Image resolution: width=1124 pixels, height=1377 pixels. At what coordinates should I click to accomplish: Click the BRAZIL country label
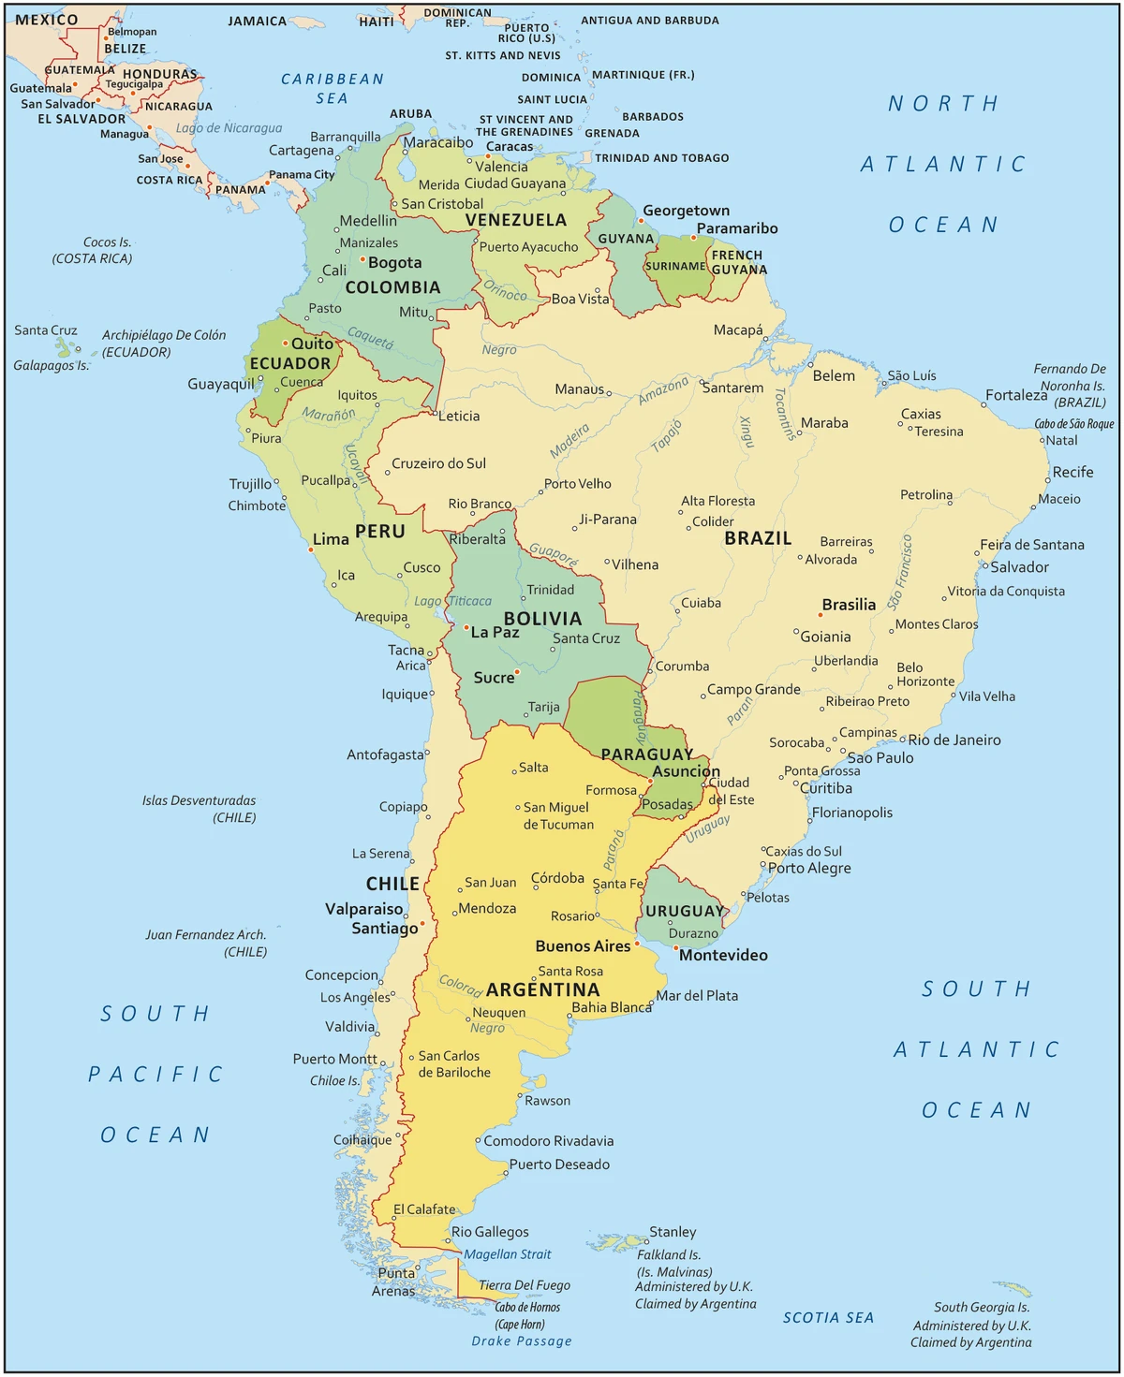click(758, 538)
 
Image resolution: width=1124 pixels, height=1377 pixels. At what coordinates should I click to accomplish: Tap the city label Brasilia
click(849, 605)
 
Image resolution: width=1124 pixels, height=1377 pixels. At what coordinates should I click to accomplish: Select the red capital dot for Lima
click(311, 549)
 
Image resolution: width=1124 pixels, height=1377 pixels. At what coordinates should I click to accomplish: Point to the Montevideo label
click(723, 955)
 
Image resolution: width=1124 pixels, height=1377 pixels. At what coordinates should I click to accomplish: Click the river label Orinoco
click(506, 292)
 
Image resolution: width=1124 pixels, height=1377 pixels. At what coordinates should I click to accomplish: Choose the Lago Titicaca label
click(452, 601)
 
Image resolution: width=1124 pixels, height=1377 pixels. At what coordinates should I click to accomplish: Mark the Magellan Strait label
click(508, 1254)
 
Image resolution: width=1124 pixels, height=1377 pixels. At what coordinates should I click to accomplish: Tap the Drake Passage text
click(522, 1340)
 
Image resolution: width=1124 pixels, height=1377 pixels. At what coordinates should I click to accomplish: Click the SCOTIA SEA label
click(828, 1317)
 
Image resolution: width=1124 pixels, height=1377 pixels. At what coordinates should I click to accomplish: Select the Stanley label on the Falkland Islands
click(673, 1232)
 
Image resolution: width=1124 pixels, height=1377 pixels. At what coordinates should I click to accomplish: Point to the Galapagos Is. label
click(51, 365)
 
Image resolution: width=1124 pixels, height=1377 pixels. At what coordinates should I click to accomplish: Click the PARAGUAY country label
click(647, 754)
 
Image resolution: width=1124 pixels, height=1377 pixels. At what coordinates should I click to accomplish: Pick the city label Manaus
click(579, 389)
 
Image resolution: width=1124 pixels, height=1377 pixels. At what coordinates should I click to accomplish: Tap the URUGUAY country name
click(685, 911)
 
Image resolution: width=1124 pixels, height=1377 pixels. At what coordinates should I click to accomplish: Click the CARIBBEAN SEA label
click(333, 88)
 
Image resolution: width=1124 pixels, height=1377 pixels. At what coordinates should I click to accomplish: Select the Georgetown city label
click(686, 211)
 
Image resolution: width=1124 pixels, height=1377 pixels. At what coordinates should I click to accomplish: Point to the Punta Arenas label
click(394, 1282)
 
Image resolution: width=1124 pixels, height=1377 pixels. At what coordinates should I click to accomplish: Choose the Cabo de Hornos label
click(527, 1308)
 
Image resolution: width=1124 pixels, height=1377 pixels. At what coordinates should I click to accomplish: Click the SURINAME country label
click(675, 266)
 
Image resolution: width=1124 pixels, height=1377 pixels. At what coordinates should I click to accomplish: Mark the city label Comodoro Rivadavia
click(549, 1140)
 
